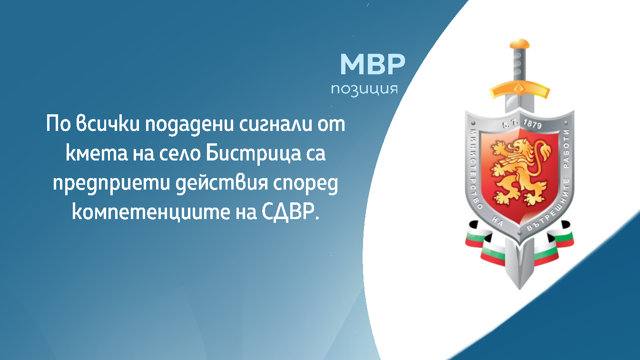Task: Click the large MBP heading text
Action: click(x=373, y=65)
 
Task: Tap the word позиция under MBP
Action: click(x=364, y=89)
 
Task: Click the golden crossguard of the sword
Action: click(x=519, y=89)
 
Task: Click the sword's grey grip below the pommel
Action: click(x=519, y=67)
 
